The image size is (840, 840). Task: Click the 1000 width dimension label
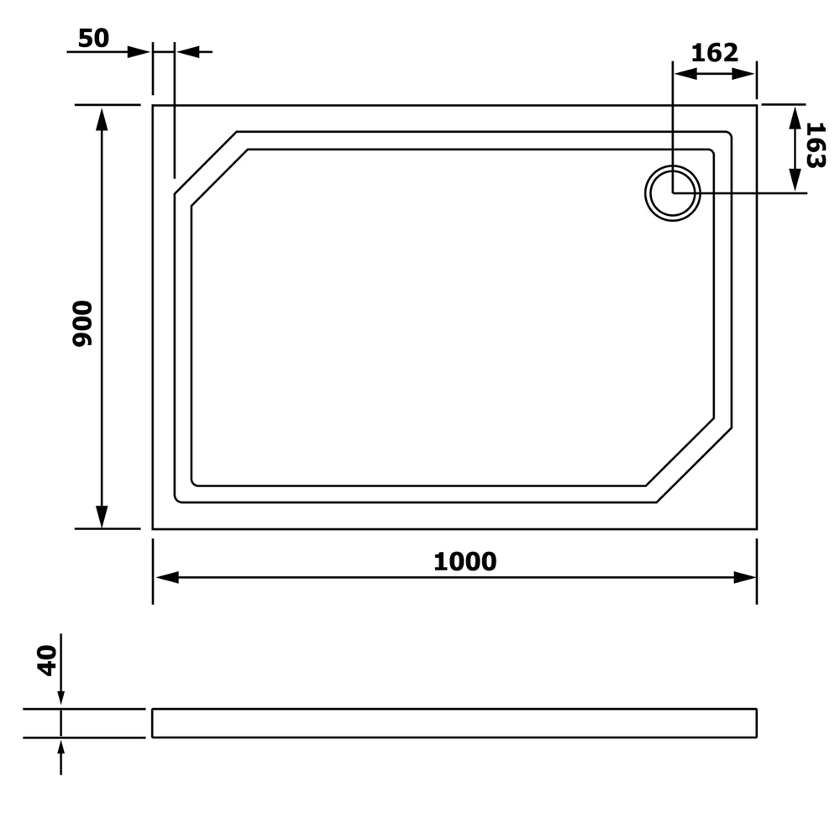[x=465, y=561]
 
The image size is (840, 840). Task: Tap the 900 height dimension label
[x=82, y=323]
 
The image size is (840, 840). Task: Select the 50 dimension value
[x=93, y=38]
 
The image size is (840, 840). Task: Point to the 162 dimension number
[x=714, y=52]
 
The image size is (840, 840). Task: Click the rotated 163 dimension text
[x=815, y=145]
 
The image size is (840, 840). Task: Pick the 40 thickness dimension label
[x=47, y=660]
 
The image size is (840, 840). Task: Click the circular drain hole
[x=672, y=193]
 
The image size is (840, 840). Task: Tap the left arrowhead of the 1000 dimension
[x=166, y=578]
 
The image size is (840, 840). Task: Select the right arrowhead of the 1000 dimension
[x=744, y=578]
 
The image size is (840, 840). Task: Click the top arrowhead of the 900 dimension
[x=102, y=119]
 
